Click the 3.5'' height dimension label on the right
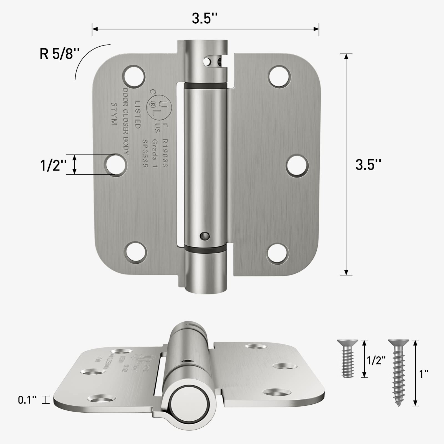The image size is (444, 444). [x=368, y=165]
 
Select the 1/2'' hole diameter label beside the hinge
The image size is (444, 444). [x=53, y=166]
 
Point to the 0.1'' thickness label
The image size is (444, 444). [x=27, y=400]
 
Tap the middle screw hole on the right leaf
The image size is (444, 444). [x=297, y=166]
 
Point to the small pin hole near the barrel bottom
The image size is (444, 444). [x=205, y=236]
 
